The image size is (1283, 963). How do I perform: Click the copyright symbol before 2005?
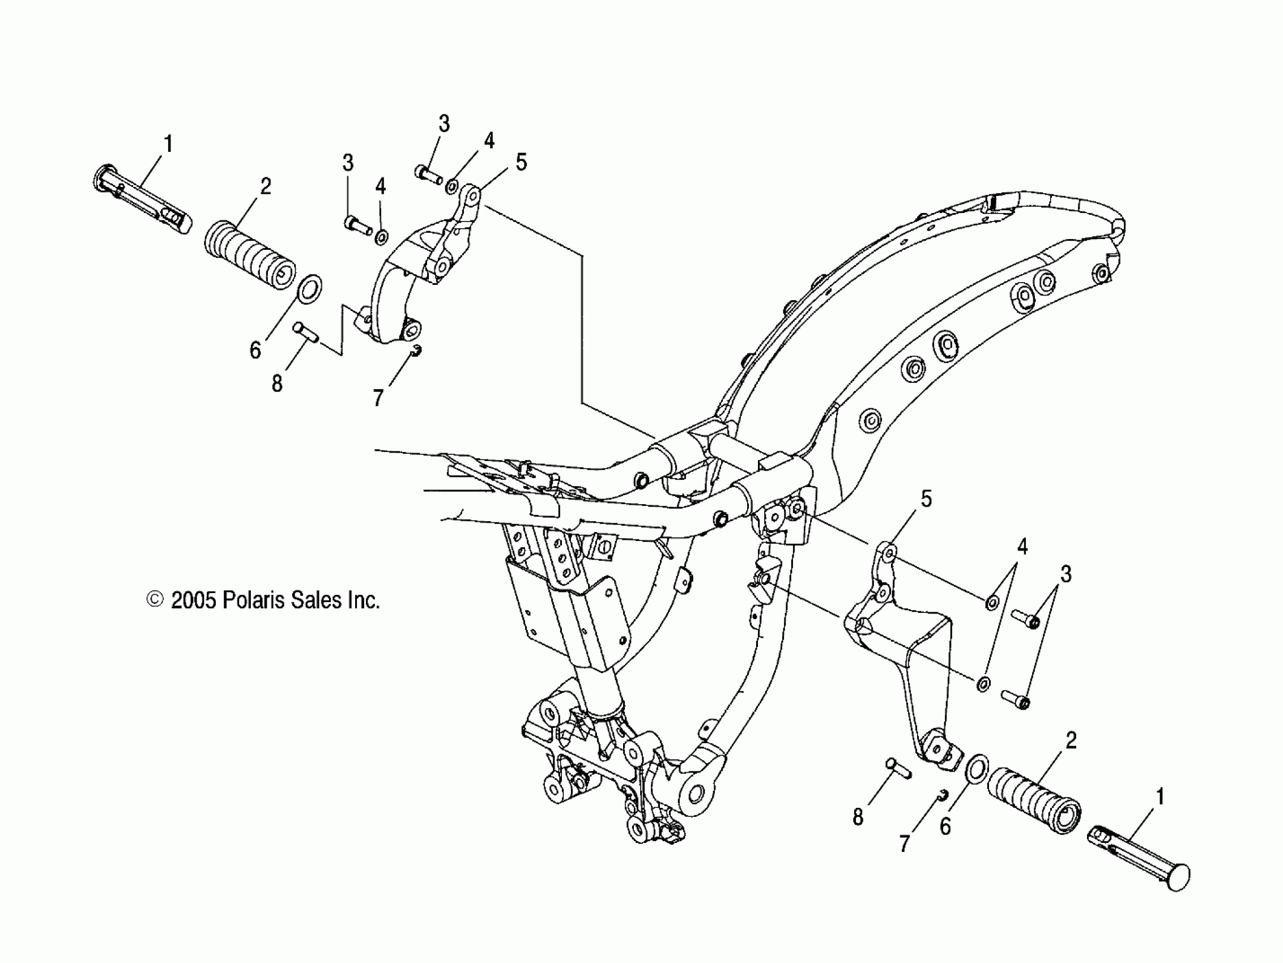pos(155,599)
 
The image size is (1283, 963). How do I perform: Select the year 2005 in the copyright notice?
pos(194,600)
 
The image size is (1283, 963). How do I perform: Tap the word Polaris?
pos(253,600)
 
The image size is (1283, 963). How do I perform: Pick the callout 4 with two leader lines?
pos(1022,547)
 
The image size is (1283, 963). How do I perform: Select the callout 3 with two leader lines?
pos(1065,574)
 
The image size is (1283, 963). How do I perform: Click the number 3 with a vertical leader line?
pos(348,163)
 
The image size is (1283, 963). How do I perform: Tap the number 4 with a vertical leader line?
pos(381,186)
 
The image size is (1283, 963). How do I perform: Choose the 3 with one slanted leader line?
pos(444,123)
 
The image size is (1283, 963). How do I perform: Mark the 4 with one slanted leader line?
pos(489,140)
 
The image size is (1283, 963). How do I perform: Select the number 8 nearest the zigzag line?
pos(277,384)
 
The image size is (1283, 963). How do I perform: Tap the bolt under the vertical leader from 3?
pos(358,225)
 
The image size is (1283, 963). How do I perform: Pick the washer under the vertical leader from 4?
pos(382,237)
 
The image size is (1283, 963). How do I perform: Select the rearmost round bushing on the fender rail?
pos(1100,271)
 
